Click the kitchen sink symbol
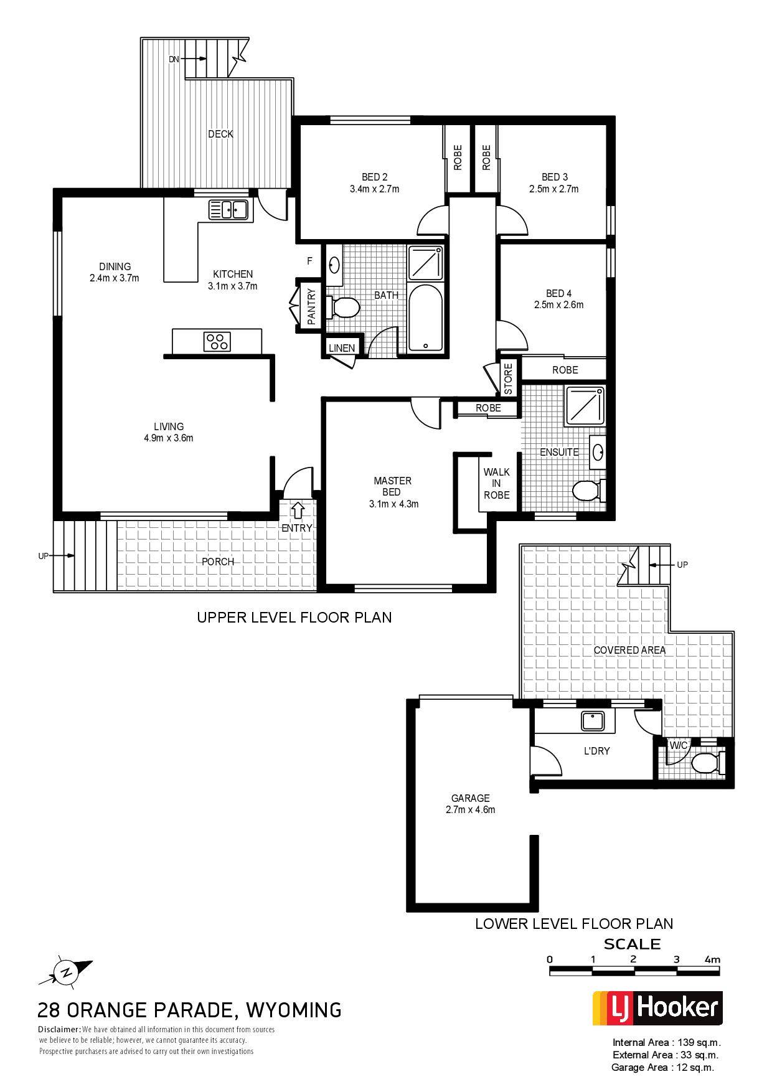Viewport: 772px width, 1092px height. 228,210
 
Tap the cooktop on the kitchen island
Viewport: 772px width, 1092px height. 217,341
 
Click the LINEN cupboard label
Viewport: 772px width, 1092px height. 342,348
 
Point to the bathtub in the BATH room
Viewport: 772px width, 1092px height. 426,318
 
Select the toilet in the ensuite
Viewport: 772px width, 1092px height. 588,491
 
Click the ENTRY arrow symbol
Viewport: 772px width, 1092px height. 298,510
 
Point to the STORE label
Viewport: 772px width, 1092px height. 508,379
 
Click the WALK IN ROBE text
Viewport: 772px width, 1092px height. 496,484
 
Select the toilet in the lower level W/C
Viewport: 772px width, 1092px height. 708,762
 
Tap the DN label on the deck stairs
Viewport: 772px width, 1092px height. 174,59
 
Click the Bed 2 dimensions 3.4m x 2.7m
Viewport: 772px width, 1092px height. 375,189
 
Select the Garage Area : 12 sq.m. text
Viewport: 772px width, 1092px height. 663,1067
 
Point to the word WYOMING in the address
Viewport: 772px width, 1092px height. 294,1009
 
